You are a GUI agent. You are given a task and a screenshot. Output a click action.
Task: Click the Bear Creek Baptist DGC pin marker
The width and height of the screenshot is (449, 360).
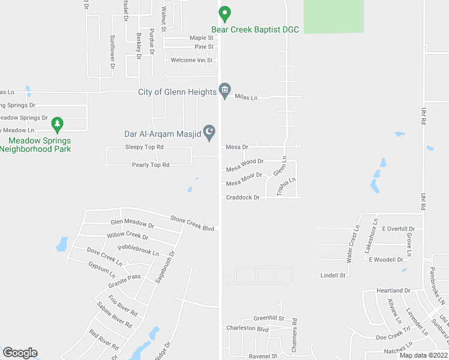click(224, 13)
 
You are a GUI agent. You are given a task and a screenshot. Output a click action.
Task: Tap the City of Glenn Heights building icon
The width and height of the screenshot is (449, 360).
click(224, 91)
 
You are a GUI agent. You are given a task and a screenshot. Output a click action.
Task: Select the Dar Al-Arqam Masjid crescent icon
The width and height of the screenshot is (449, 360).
click(209, 132)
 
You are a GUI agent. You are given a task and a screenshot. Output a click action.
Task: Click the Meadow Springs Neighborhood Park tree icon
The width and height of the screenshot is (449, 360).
click(58, 125)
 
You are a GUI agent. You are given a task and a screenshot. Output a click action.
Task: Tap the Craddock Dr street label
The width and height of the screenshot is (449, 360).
click(243, 197)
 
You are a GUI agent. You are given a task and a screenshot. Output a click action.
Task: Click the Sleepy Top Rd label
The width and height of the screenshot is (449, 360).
click(144, 147)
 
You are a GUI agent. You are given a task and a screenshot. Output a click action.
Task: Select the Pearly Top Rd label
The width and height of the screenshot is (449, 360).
click(151, 164)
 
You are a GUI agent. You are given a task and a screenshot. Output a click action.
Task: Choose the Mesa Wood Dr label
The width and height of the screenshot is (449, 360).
click(245, 163)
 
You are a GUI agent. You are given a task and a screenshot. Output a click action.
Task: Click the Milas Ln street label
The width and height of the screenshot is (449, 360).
click(246, 97)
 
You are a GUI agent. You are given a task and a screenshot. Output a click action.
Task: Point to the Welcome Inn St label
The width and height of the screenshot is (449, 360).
click(191, 61)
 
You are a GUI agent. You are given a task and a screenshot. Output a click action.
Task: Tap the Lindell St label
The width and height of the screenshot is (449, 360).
click(333, 275)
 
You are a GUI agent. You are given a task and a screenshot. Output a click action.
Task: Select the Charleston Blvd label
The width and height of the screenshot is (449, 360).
click(247, 328)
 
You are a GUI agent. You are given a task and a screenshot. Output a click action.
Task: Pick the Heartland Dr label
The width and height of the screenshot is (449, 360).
click(393, 290)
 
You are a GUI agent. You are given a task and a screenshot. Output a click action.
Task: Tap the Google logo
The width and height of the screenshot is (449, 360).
click(20, 353)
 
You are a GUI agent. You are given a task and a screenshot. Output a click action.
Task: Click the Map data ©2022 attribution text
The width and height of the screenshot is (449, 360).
click(423, 355)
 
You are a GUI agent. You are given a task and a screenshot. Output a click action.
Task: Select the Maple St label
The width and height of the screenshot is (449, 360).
click(202, 38)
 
